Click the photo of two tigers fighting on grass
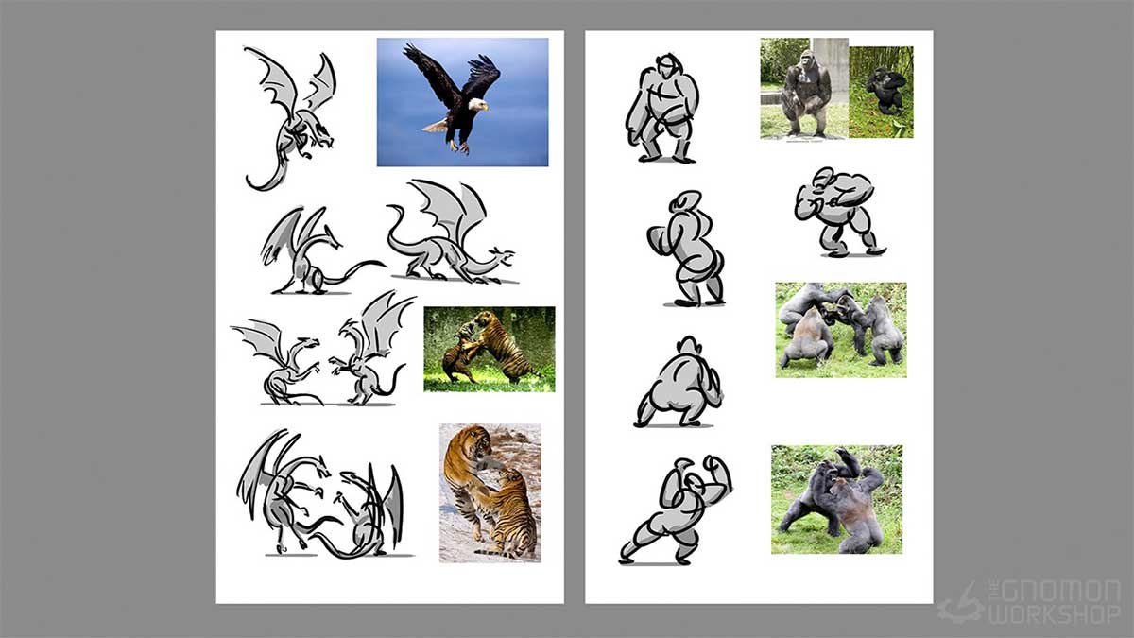489,349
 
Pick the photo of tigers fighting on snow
490,492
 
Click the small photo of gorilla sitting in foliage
882,92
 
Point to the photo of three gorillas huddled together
841,329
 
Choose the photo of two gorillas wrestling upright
836,499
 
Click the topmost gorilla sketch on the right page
662,108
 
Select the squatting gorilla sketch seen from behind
678,385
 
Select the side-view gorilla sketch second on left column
686,249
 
